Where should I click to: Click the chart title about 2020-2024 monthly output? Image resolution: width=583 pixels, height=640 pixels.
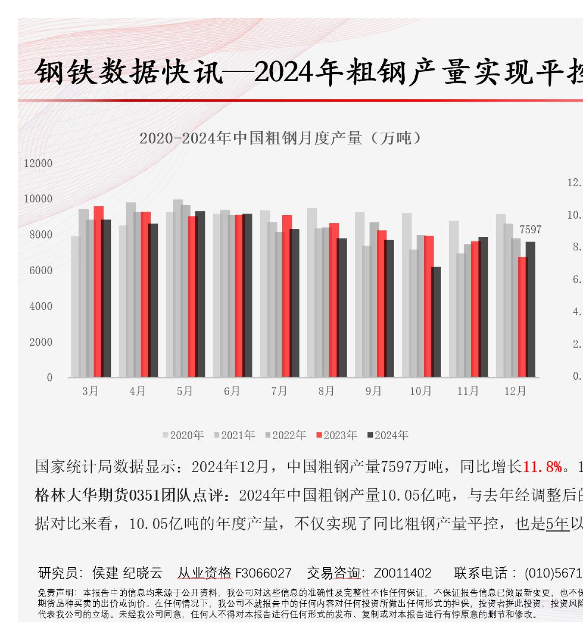click(x=280, y=138)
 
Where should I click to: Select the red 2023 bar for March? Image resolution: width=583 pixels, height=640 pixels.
click(x=98, y=292)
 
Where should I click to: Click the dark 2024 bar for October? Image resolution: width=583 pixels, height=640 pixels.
click(x=436, y=322)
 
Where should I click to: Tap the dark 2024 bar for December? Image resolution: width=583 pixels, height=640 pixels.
click(x=530, y=309)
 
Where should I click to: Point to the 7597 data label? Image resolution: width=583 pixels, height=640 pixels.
click(x=530, y=229)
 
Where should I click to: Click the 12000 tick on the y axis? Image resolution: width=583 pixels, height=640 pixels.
click(x=38, y=164)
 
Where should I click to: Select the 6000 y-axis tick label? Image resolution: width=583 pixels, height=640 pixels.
click(x=40, y=271)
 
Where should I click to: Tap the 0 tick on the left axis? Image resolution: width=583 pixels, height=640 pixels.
click(x=49, y=378)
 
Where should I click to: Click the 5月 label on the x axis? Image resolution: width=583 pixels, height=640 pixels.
click(x=185, y=391)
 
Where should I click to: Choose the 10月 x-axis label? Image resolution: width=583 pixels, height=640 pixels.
click(x=421, y=391)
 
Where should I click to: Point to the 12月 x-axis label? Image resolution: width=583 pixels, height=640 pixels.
click(x=515, y=391)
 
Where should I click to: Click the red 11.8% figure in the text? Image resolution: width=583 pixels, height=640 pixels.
click(x=542, y=467)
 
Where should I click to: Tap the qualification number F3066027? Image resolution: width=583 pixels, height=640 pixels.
click(x=264, y=573)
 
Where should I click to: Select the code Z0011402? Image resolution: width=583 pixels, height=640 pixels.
click(x=402, y=573)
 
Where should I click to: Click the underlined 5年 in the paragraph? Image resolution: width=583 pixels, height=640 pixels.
click(x=557, y=524)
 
